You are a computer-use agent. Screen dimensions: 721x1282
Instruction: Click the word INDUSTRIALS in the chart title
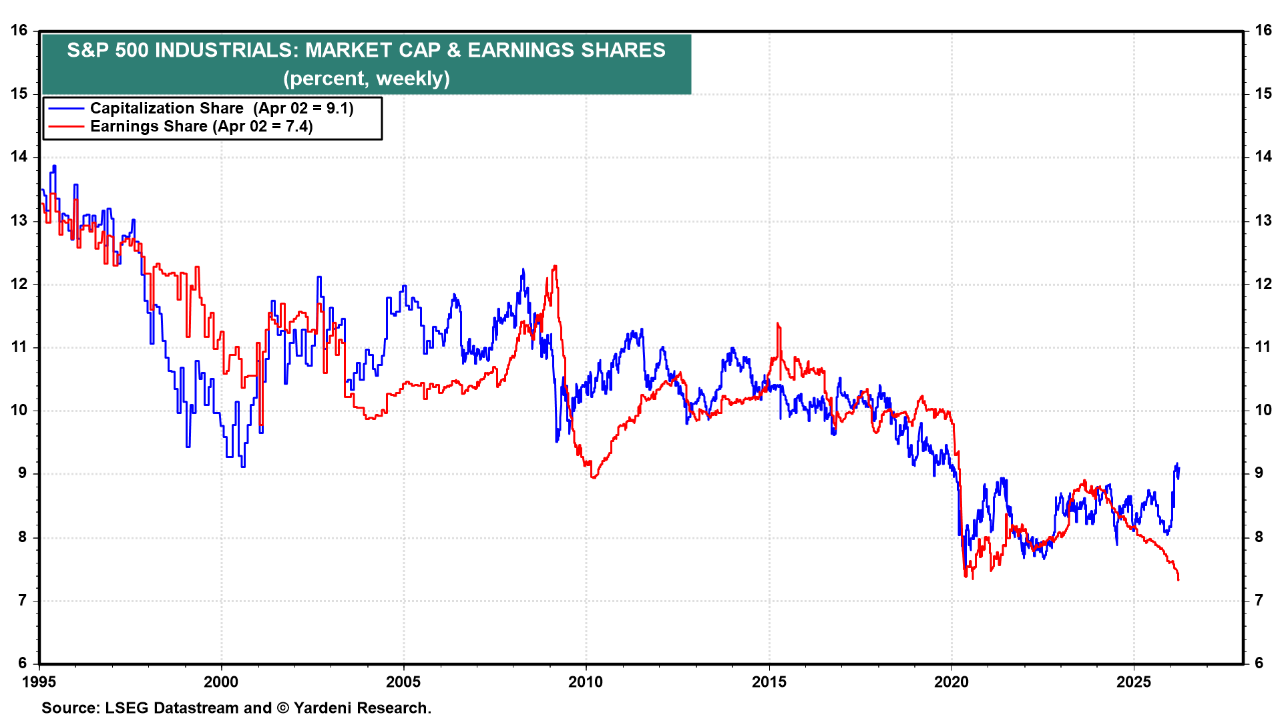pos(226,50)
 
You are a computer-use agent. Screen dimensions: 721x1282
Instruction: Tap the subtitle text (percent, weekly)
pos(366,78)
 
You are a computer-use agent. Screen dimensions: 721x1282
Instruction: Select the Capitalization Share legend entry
pos(221,108)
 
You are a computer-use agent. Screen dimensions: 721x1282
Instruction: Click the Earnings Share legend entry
pos(201,126)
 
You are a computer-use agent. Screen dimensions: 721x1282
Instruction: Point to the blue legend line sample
pos(66,108)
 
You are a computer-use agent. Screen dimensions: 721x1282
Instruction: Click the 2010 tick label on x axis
pos(586,682)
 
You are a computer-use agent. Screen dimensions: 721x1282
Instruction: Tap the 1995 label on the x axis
pos(39,682)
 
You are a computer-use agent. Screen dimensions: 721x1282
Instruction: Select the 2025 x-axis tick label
pos(1133,682)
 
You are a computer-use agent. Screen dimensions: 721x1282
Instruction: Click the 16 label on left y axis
pos(19,30)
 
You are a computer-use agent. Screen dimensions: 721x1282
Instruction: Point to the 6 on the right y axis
pos(1259,663)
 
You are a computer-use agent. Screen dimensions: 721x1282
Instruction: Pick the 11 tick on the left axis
pos(19,346)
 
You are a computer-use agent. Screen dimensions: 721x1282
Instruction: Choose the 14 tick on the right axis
pos(1263,157)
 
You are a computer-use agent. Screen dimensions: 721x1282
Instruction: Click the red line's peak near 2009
pos(555,266)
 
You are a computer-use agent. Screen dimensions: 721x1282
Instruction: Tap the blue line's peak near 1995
pos(54,166)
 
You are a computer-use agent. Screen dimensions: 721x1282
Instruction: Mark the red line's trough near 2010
pos(594,477)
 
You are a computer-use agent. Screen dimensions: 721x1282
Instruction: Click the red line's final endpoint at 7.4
pos(1179,579)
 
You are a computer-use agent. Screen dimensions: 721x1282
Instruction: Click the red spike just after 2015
pos(778,324)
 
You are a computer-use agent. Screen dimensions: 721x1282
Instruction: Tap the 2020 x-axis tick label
pos(951,682)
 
